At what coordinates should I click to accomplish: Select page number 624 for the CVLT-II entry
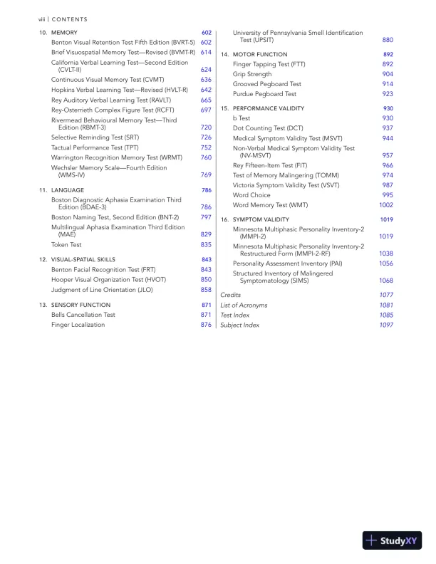click(206, 70)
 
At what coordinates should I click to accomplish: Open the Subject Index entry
click(240, 325)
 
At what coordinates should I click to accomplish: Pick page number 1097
click(386, 325)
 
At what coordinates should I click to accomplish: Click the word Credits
click(231, 294)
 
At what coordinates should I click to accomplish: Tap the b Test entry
click(242, 118)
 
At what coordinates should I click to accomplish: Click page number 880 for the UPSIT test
click(388, 41)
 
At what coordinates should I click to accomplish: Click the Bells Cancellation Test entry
click(83, 314)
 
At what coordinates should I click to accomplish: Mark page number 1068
click(386, 280)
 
